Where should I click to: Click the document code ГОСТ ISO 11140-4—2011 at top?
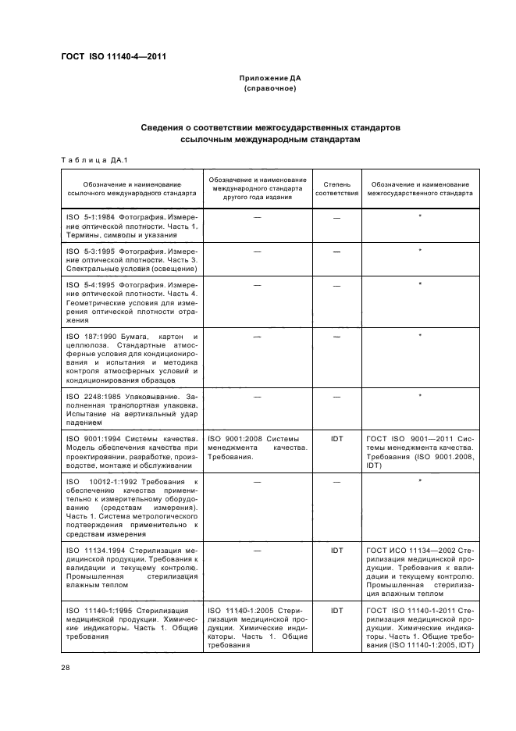(x=113, y=56)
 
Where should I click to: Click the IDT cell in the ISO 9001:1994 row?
(x=336, y=438)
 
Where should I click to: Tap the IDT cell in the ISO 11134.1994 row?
(x=336, y=550)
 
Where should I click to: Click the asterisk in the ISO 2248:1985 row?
(x=420, y=396)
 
